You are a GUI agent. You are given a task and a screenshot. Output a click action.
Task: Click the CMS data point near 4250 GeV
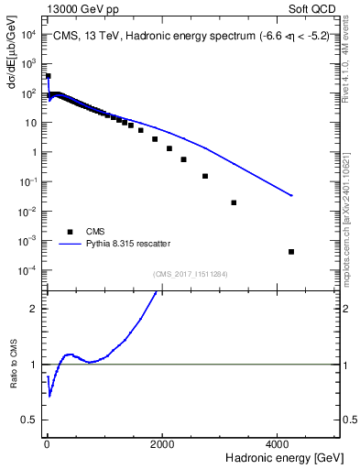click(291, 252)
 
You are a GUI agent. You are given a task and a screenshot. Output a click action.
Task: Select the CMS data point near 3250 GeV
click(234, 202)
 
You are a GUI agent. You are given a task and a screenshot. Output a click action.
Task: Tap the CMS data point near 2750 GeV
click(204, 176)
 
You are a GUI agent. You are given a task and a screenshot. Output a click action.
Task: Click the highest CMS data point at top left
click(48, 76)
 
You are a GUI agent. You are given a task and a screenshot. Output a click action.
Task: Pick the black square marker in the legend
click(68, 232)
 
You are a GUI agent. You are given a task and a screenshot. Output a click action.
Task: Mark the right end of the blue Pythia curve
click(291, 195)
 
